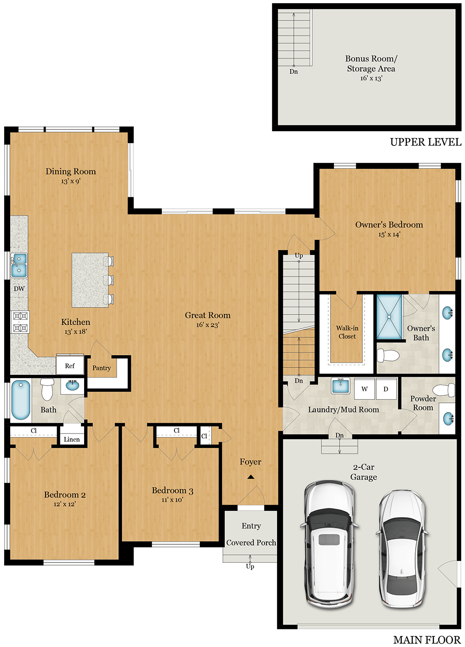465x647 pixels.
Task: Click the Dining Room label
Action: click(71, 172)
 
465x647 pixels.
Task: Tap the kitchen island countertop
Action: click(90, 280)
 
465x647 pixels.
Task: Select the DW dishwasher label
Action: click(19, 289)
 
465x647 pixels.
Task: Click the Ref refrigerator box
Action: click(70, 366)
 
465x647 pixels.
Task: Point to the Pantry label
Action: click(101, 368)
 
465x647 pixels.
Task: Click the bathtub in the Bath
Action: click(20, 400)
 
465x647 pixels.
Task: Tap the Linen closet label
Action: click(72, 439)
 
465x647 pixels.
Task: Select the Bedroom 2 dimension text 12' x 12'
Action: click(65, 504)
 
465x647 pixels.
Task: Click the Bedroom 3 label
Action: click(173, 491)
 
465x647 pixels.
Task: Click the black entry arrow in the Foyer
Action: click(251, 477)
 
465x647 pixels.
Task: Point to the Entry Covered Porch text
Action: click(251, 534)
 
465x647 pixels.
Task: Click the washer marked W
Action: click(365, 389)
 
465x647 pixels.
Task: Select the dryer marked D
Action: click(385, 389)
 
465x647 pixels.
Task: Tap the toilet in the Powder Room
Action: click(443, 390)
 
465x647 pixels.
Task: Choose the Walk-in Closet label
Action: click(347, 332)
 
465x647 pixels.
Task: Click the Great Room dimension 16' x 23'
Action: click(207, 325)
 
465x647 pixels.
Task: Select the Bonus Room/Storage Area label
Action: click(371, 64)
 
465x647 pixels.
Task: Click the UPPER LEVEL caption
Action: click(425, 142)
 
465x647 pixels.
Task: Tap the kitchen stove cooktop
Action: click(20, 322)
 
